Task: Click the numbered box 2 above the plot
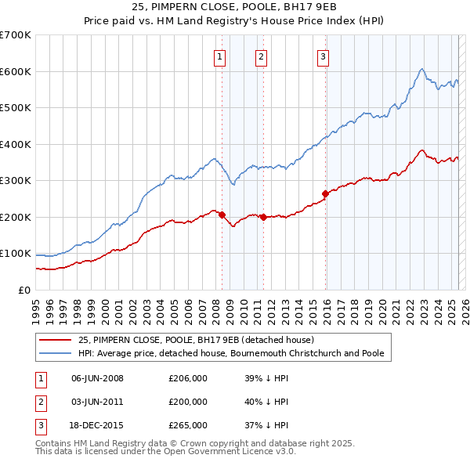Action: point(261,56)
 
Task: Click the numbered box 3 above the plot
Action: point(323,56)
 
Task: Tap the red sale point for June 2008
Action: point(222,215)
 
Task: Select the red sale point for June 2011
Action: point(263,217)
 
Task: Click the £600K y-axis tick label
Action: point(16,71)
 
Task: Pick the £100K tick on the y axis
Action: point(16,254)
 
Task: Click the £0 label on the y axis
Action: point(23,290)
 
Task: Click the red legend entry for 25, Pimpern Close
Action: point(196,340)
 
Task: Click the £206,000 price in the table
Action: point(188,378)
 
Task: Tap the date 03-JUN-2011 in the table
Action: point(97,402)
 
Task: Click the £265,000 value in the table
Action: point(188,425)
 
